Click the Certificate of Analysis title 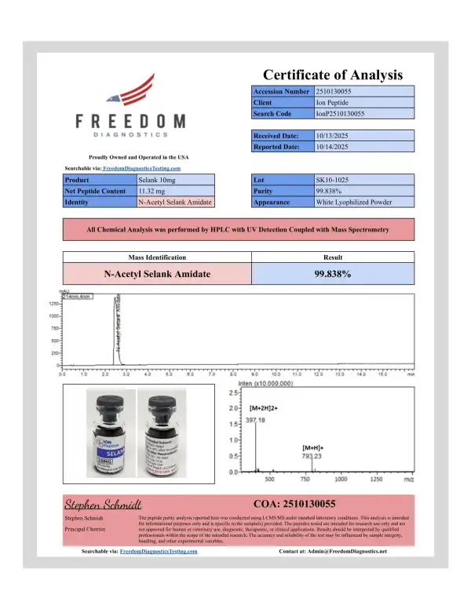[x=332, y=75]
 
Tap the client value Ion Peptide [x=331, y=103]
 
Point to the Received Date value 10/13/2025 [x=331, y=136]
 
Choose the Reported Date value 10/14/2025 [x=331, y=147]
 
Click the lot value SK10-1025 [x=330, y=180]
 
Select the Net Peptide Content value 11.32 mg [x=153, y=191]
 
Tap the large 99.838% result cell [x=332, y=274]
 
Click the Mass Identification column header [x=156, y=257]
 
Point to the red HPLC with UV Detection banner [x=238, y=229]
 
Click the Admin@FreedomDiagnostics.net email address [x=349, y=552]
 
